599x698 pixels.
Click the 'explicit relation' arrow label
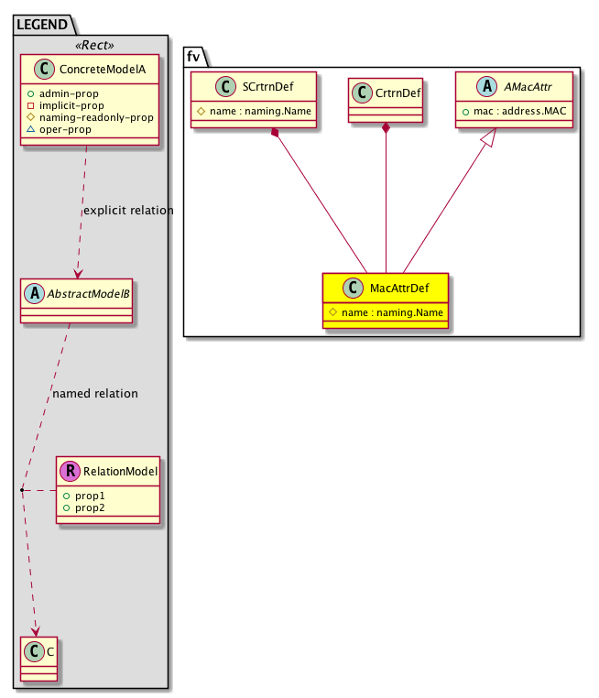pos(128,211)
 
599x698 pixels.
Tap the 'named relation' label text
pos(95,394)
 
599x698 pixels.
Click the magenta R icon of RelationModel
pos(70,472)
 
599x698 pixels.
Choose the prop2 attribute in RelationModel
pos(90,507)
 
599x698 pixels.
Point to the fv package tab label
pos(193,56)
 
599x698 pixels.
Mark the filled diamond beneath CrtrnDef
pos(386,128)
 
